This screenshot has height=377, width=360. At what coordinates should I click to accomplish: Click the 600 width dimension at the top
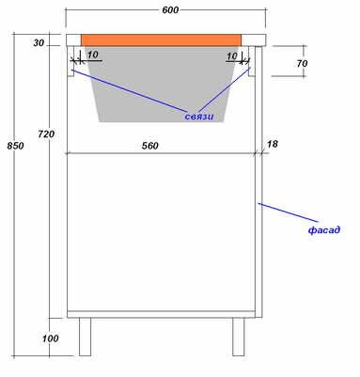tap(170, 10)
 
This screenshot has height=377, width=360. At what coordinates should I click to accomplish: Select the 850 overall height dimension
tap(15, 146)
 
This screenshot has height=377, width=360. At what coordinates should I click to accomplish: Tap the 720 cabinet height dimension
tap(46, 134)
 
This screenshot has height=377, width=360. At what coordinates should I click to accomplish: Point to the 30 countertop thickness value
tap(39, 42)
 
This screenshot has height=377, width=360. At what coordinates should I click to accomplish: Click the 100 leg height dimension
tap(51, 338)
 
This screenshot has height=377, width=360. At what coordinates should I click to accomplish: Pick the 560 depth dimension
tap(150, 146)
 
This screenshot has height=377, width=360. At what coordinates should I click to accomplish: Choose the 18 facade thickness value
tap(273, 144)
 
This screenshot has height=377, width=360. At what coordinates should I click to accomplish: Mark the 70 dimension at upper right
tap(302, 64)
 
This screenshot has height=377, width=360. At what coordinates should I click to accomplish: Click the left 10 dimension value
tap(93, 55)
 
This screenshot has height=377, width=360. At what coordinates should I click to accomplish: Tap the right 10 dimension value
tap(232, 56)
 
